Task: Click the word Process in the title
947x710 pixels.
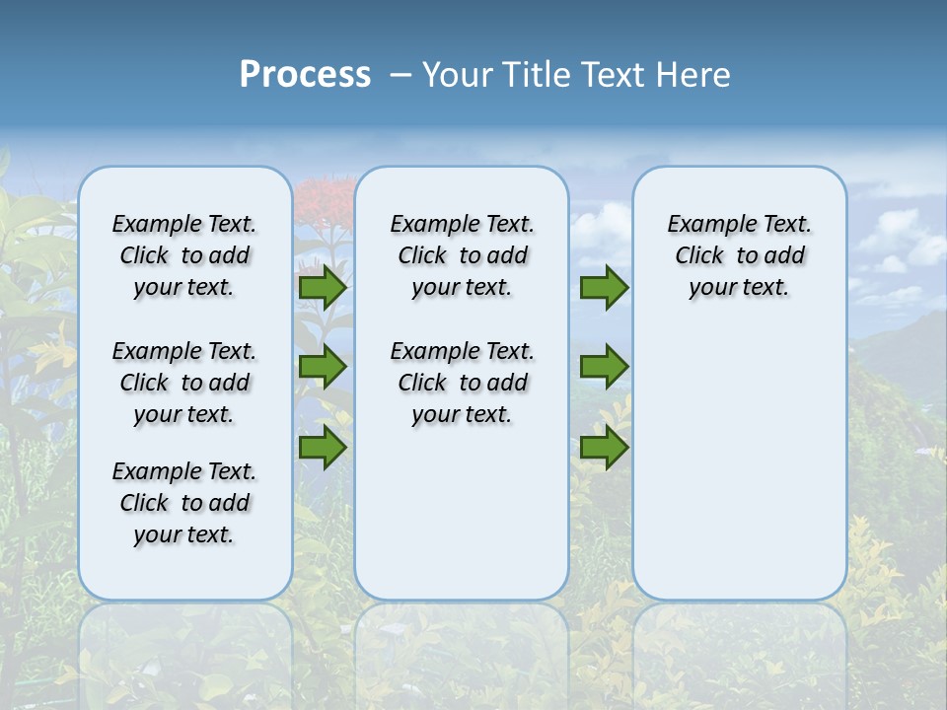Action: point(305,75)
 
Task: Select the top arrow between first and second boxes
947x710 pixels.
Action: point(323,287)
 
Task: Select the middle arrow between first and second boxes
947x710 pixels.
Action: point(323,367)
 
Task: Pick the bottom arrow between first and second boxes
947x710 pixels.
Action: point(323,448)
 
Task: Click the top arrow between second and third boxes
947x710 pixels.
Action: point(604,287)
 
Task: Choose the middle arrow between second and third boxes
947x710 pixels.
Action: point(604,367)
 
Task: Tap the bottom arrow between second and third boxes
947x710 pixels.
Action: point(604,448)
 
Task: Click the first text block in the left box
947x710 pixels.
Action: point(184,255)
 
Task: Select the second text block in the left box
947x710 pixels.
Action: point(184,383)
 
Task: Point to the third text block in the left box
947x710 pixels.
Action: point(184,503)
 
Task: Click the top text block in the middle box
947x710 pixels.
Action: point(462,255)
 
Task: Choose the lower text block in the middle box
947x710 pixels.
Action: point(462,383)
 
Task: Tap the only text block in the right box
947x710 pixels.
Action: point(739,255)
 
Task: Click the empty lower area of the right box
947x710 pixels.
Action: point(739,463)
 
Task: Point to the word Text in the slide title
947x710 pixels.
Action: point(612,75)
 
